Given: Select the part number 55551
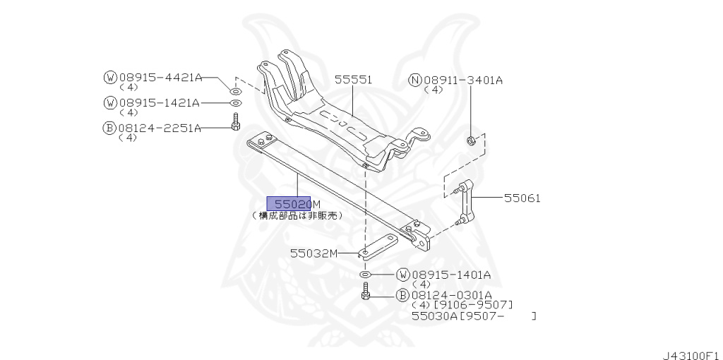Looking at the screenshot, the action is (353, 80).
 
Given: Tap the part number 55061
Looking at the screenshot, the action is (522, 198).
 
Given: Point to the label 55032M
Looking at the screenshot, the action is (314, 253).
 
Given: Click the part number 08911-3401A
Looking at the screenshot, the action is (462, 80).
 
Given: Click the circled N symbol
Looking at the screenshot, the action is (415, 80).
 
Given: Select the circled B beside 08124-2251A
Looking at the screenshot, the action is (109, 128).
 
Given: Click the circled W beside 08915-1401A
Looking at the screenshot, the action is (402, 274).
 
